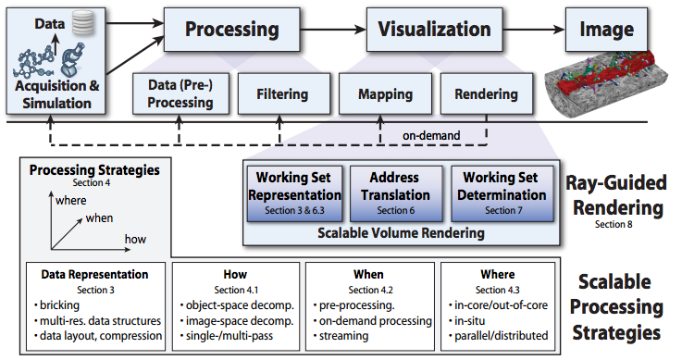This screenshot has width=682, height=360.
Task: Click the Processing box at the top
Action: [219, 29]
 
